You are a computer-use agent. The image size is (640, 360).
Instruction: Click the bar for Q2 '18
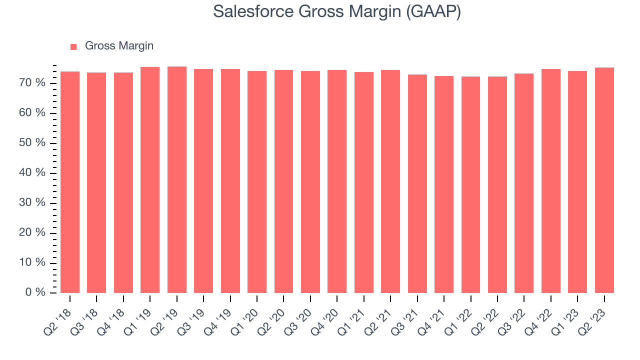[70, 182]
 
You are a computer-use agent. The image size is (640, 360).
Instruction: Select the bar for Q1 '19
[150, 180]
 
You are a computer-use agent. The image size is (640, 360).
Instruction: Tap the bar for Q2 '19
[177, 179]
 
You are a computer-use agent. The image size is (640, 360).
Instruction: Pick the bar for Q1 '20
[257, 182]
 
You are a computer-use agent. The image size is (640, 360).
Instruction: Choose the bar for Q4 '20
[337, 181]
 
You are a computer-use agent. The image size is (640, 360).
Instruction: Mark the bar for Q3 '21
[417, 183]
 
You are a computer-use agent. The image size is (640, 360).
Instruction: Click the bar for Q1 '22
[470, 184]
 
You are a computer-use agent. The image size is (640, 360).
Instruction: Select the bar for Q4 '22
[551, 181]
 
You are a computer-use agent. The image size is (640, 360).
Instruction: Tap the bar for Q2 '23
[604, 180]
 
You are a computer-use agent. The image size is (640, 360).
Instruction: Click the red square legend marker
[73, 46]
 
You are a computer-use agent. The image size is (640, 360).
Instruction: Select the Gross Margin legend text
[119, 46]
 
